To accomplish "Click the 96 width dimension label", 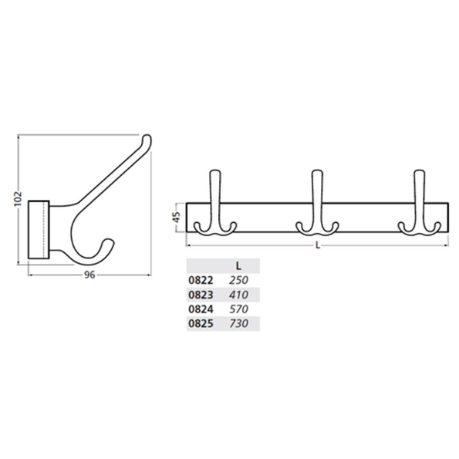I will [88, 278].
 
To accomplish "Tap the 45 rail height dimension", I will [177, 218].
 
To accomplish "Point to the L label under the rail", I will [318, 246].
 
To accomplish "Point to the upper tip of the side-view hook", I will [147, 140].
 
